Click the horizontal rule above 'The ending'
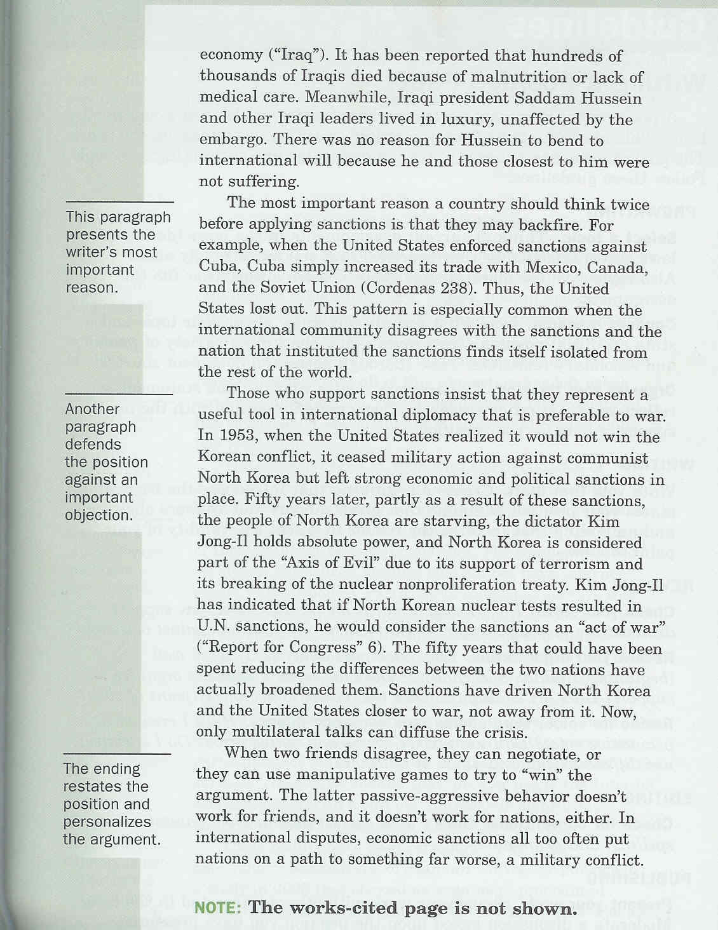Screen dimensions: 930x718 coord(117,753)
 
